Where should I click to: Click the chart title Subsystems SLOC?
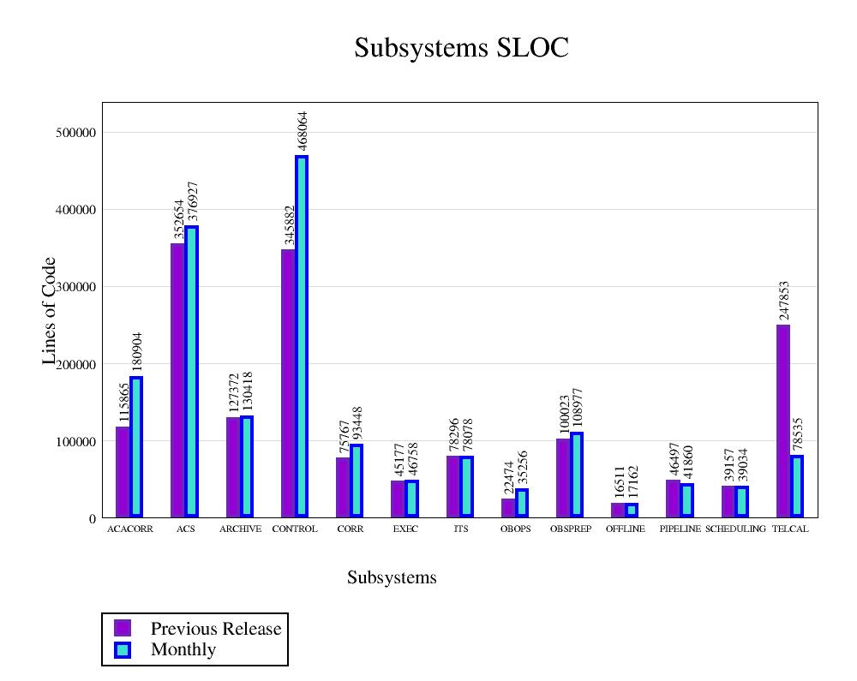(x=461, y=48)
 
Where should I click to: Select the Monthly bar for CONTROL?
(x=302, y=336)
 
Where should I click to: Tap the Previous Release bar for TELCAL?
(x=782, y=421)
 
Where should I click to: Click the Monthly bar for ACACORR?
(x=136, y=446)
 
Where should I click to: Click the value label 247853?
(x=783, y=301)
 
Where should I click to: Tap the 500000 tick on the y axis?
(x=73, y=133)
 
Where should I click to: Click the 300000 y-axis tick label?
(x=73, y=287)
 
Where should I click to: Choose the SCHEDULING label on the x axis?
(x=735, y=529)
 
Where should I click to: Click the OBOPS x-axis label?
(x=516, y=529)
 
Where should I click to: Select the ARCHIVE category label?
(x=240, y=529)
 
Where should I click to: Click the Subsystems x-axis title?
(x=392, y=578)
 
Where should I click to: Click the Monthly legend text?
(x=183, y=650)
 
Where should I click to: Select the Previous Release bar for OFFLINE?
(x=617, y=510)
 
